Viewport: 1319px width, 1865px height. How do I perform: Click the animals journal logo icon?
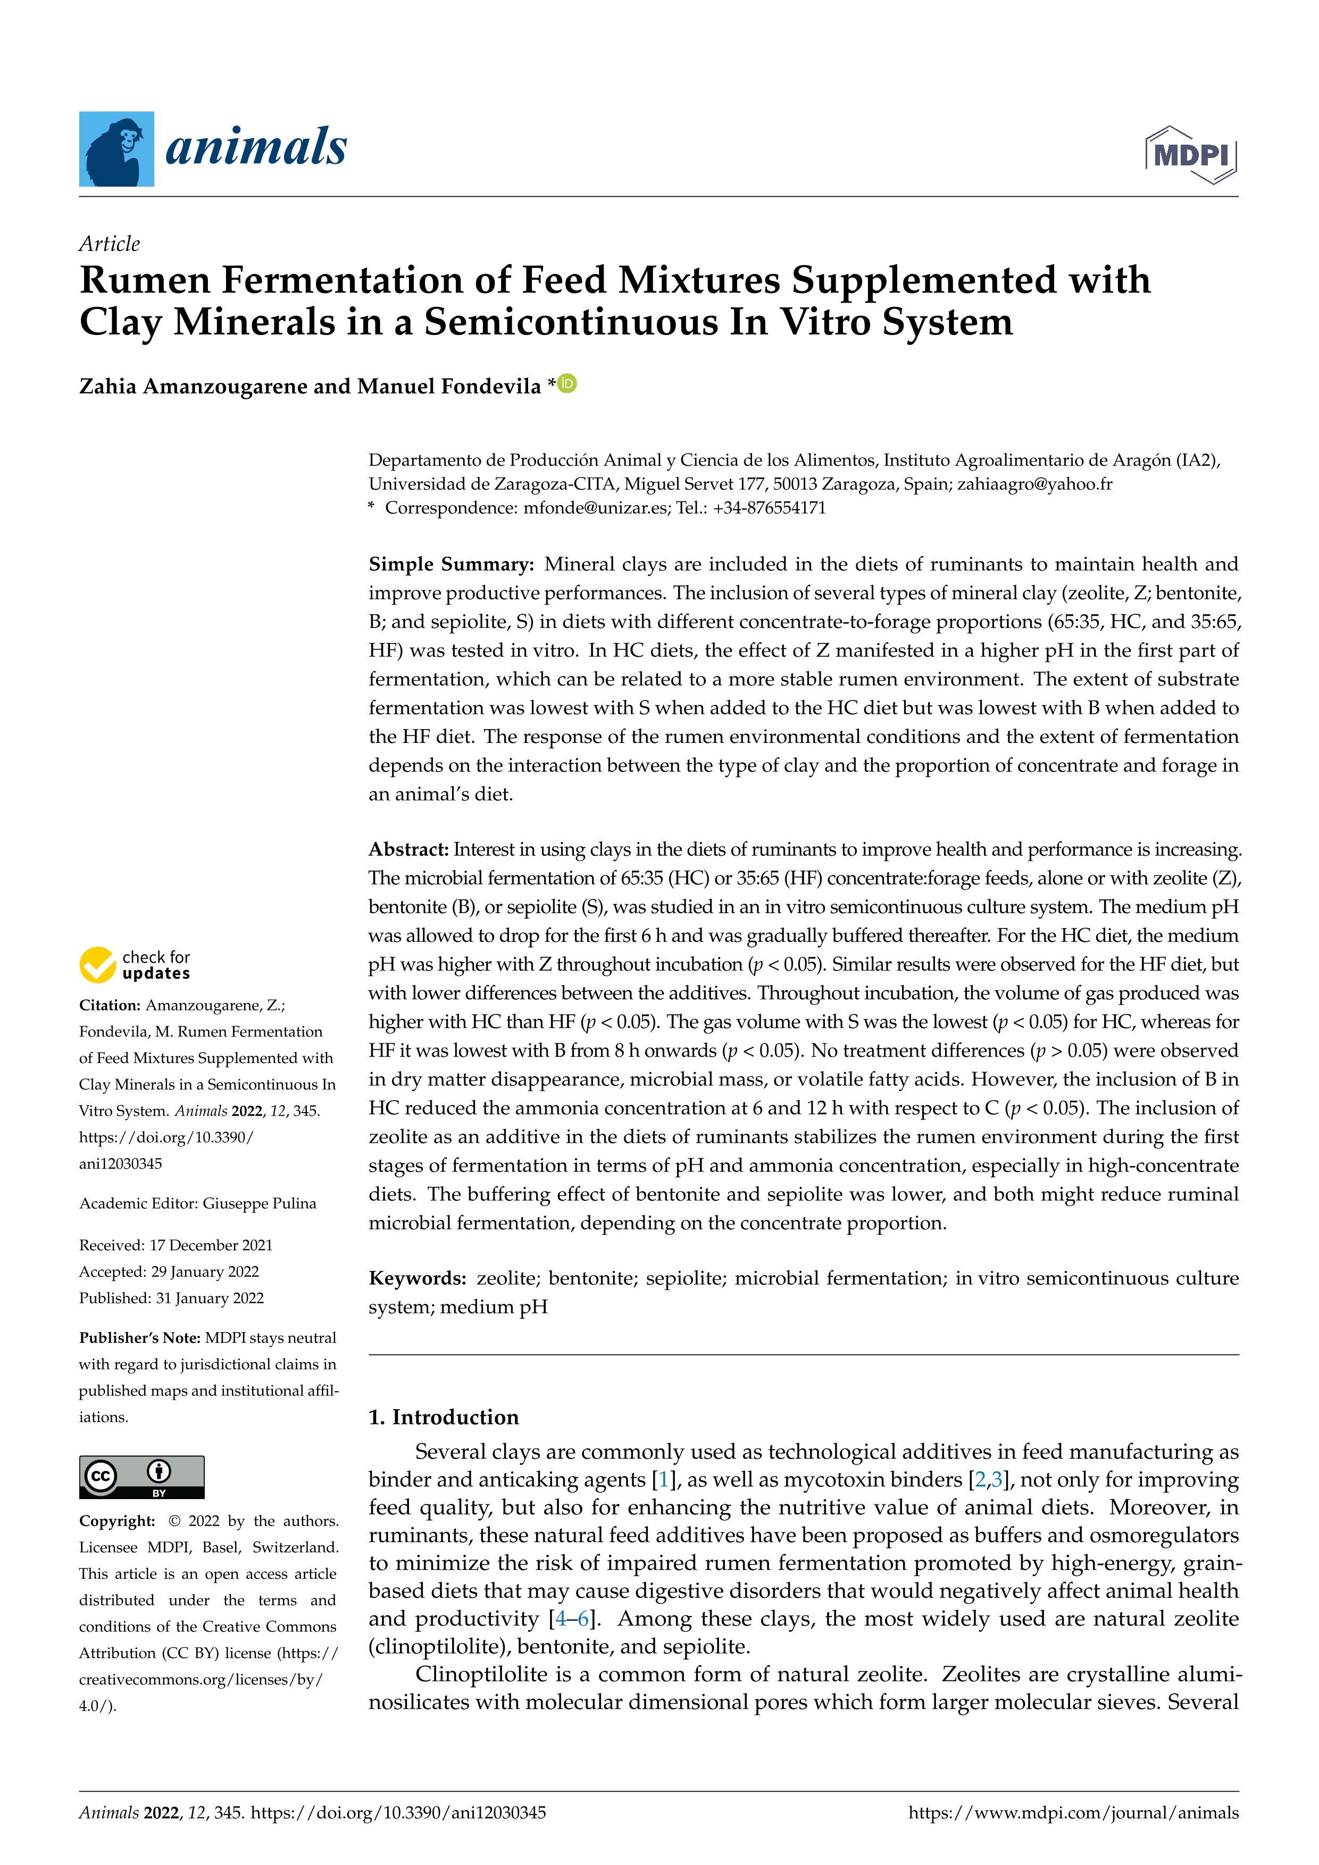pos(116,149)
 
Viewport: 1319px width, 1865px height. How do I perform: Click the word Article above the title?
pos(109,244)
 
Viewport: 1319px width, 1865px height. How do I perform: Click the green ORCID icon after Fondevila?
pos(567,383)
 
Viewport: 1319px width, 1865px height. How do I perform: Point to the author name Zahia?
pos(107,387)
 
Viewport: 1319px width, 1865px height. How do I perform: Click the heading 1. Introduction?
pos(444,1417)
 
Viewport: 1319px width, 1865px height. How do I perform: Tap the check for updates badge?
pos(135,965)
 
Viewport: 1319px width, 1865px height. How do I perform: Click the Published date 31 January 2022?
pos(210,1298)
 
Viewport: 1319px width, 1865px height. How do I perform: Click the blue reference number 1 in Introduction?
pos(664,1480)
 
